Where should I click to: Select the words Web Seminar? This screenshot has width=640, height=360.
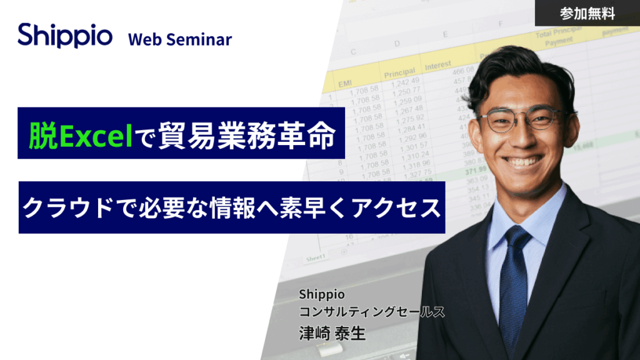pyautogui.click(x=180, y=39)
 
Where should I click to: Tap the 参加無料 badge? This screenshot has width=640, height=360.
pyautogui.click(x=587, y=13)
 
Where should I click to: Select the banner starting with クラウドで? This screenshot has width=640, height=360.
pyautogui.click(x=231, y=207)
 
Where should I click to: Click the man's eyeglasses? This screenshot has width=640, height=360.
pyautogui.click(x=524, y=119)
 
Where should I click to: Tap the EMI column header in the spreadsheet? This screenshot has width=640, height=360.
pyautogui.click(x=345, y=82)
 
